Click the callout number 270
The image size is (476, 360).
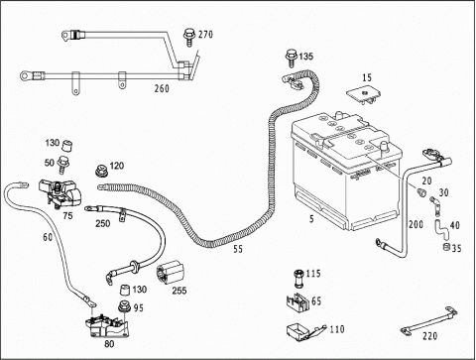[205, 34]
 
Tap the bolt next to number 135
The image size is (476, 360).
[292, 59]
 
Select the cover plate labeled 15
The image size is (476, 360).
[364, 95]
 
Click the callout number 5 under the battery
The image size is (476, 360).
[311, 218]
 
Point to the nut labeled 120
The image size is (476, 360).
[101, 172]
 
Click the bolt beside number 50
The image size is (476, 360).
[61, 165]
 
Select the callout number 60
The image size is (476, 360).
[48, 237]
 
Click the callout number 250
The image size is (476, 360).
[103, 223]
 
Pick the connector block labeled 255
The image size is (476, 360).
[171, 273]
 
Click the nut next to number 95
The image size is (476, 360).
[125, 306]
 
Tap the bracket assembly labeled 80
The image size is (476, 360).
[107, 326]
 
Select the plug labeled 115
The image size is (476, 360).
[298, 278]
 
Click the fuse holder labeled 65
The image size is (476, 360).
[297, 302]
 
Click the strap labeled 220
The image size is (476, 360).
[428, 320]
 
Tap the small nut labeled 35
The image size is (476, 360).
[446, 247]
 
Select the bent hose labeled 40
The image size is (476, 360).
[441, 228]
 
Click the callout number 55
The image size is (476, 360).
[238, 249]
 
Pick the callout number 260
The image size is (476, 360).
[162, 88]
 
